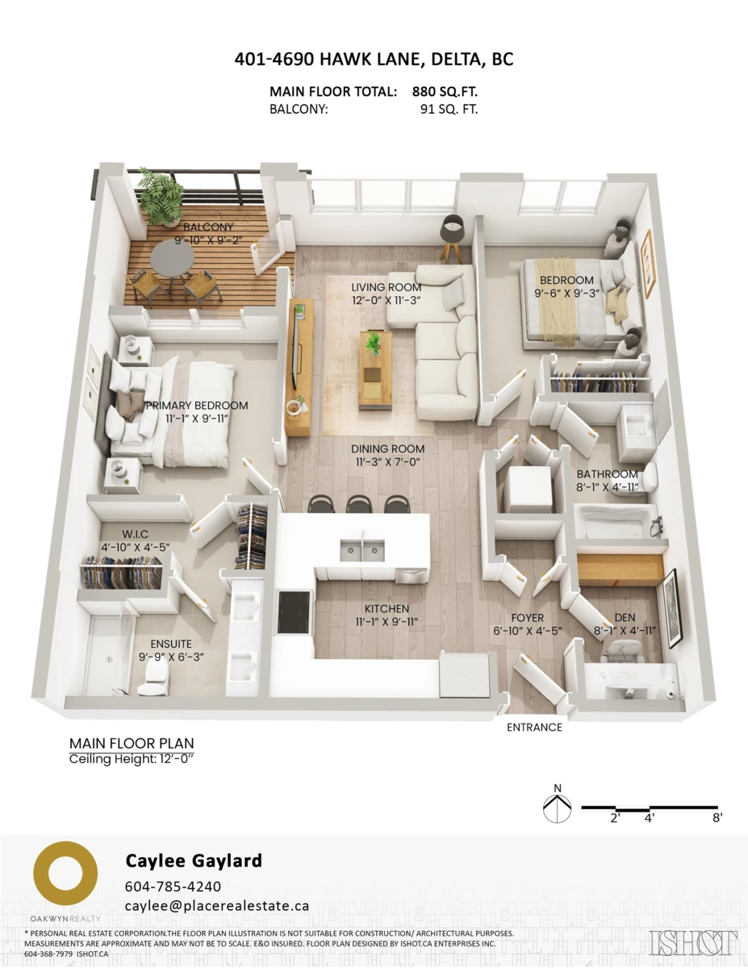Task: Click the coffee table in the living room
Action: (375, 367)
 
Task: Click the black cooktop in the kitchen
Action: (295, 612)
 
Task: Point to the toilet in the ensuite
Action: (151, 684)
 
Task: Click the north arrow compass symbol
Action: (558, 807)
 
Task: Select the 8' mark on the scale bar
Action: (717, 818)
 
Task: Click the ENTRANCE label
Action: (533, 727)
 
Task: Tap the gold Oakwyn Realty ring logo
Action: (65, 875)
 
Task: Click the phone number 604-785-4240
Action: (173, 886)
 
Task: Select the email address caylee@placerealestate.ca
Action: (217, 906)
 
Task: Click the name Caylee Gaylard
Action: (194, 861)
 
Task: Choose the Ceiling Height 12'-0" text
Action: (131, 759)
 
